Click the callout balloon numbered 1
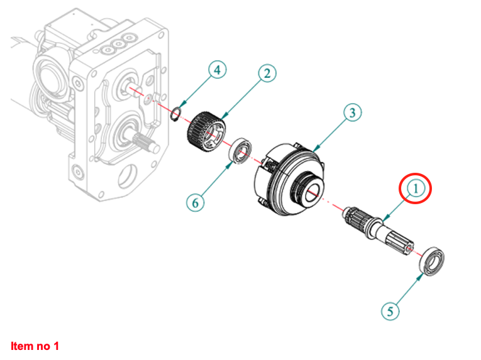416,188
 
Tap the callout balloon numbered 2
267,74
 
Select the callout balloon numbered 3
353,112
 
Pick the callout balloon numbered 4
218,70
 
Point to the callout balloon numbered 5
390,312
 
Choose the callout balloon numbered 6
196,203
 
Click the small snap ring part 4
176,114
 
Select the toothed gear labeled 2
206,132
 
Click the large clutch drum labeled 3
289,178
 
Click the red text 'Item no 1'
35,346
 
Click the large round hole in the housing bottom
126,176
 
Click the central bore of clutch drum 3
313,192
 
